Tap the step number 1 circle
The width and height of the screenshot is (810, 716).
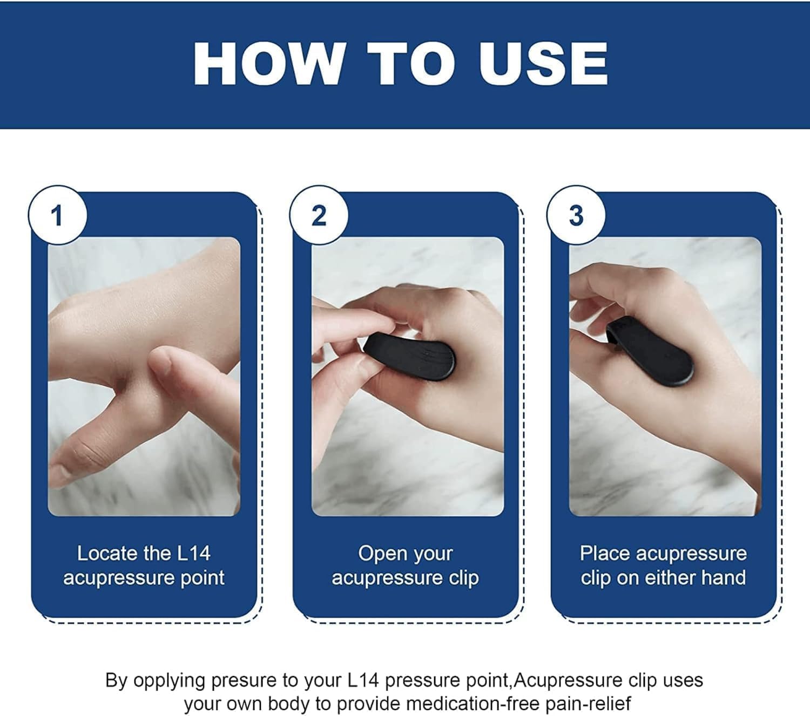click(57, 216)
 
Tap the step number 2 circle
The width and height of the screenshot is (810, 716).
click(319, 216)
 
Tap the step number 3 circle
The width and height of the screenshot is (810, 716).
click(576, 216)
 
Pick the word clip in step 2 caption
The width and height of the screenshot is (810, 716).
click(463, 578)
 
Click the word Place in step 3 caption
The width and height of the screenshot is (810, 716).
click(604, 553)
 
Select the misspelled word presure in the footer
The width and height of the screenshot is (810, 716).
click(244, 681)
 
